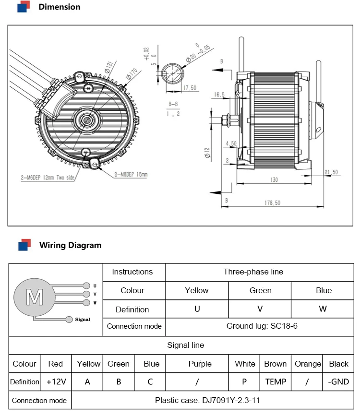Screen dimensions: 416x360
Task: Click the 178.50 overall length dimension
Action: click(272, 203)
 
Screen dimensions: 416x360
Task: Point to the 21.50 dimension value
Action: click(331, 172)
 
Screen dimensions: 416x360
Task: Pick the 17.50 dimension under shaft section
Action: click(191, 88)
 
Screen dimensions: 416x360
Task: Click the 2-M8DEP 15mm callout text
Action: click(131, 175)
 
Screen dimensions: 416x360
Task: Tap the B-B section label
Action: click(173, 104)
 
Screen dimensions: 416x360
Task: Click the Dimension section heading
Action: click(59, 7)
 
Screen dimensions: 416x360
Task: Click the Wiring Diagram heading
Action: click(70, 245)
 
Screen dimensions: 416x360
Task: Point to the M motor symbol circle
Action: click(34, 297)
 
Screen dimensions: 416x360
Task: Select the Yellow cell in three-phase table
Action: click(197, 290)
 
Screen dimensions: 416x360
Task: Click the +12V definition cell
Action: click(55, 382)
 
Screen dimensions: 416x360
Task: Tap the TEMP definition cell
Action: click(276, 382)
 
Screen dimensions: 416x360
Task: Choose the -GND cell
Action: click(338, 382)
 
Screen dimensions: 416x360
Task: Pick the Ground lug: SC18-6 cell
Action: click(260, 326)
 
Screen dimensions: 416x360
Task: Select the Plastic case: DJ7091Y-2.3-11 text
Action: click(207, 400)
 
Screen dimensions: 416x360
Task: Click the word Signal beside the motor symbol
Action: click(83, 319)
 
